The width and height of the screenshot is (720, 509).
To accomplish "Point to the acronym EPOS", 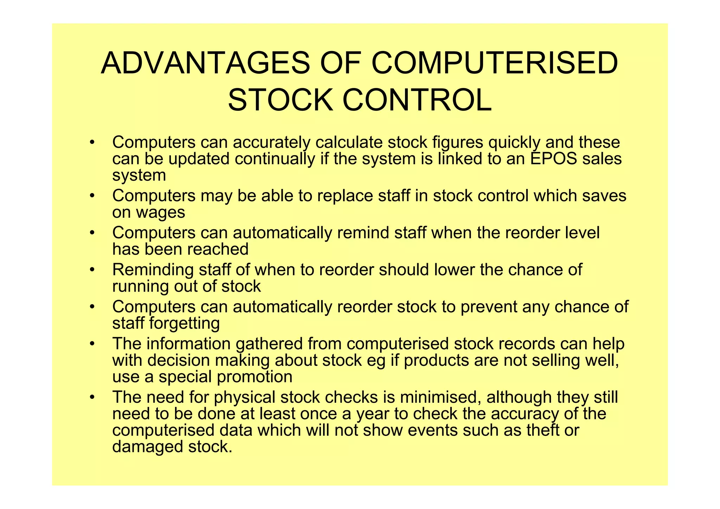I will pos(553,159).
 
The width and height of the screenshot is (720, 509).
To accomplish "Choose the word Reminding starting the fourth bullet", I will pos(153,270).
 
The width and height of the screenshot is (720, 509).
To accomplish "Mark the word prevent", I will pos(489,307).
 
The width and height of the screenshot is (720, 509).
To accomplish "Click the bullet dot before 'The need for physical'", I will pos(92,397).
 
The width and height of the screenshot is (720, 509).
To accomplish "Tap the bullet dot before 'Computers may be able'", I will pos(92,196).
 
